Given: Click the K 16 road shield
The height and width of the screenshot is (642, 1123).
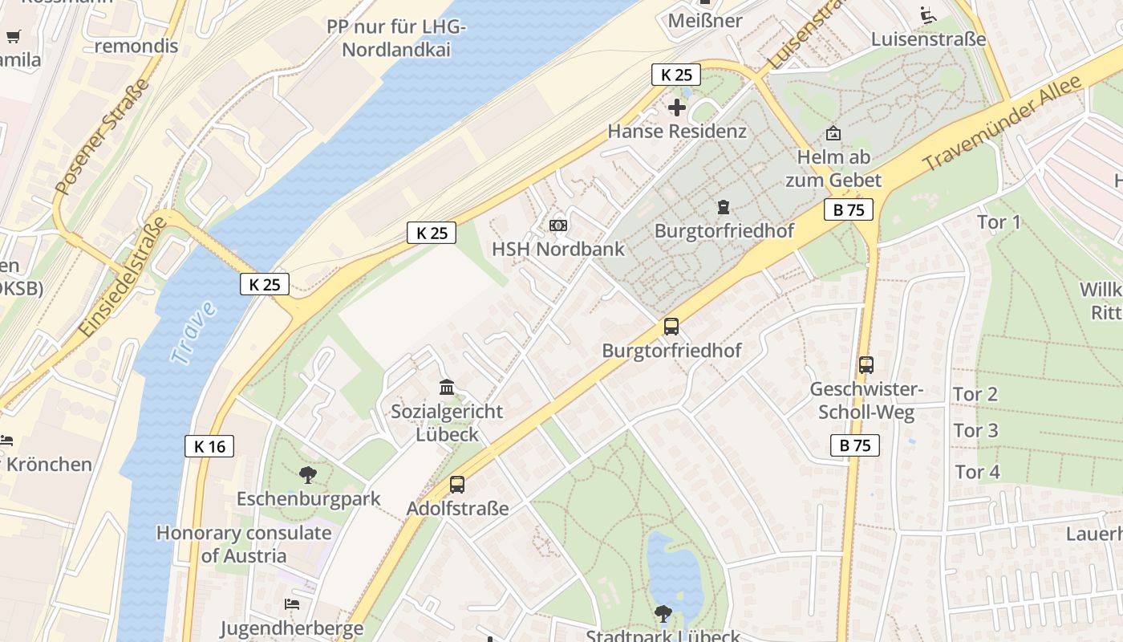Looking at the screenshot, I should (209, 446).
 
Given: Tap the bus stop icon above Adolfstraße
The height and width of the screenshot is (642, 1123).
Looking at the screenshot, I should (457, 485).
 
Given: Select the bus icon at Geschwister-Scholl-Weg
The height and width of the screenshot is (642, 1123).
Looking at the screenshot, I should (866, 365).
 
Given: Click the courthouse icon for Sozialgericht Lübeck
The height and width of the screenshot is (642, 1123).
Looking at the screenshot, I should (447, 388).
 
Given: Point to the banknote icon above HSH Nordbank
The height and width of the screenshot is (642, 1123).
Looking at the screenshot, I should (558, 226).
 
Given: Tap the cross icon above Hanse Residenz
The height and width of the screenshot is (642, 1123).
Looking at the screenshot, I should (677, 107).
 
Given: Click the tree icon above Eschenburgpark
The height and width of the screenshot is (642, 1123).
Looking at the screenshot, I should (307, 475).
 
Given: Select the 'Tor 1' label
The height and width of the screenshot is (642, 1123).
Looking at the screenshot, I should (999, 221).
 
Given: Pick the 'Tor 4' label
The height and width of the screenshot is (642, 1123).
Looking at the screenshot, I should (977, 471).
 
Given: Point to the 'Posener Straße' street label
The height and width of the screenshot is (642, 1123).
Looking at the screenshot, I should (102, 136).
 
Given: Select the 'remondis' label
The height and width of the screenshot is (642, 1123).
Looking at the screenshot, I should (136, 46).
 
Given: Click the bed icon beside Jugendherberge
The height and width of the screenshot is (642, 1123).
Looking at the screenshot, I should (291, 603).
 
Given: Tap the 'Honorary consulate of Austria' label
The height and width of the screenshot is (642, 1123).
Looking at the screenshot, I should (244, 544).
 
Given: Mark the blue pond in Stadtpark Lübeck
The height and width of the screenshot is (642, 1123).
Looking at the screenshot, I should (673, 571).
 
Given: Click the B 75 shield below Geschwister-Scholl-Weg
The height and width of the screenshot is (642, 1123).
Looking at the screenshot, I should (855, 445).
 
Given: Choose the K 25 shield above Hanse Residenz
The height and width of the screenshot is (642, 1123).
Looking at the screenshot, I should (675, 75).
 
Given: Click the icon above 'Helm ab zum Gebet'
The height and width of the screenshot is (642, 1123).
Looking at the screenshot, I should (833, 133).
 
